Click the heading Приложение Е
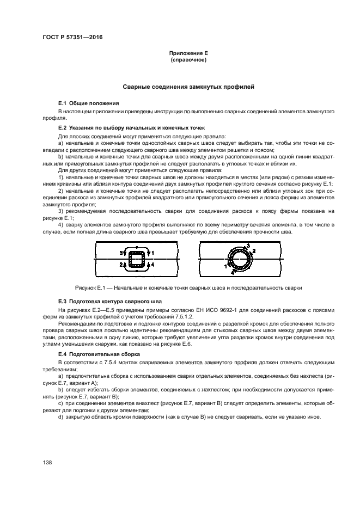[x=188, y=53]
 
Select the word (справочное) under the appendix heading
[x=188, y=60]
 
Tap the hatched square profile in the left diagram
[x=137, y=258]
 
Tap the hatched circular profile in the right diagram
[x=239, y=258]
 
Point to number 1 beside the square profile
[x=153, y=253]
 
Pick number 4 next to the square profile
[x=153, y=264]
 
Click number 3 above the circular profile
[x=248, y=246]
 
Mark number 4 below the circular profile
[x=232, y=272]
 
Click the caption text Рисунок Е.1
[x=90, y=287]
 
